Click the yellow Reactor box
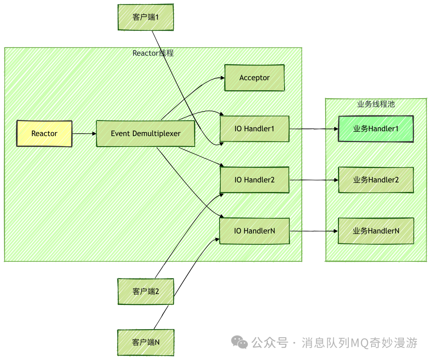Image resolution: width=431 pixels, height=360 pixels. (x=44, y=134)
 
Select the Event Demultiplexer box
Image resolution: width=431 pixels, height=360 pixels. (x=146, y=134)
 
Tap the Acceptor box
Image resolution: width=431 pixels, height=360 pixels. (x=255, y=78)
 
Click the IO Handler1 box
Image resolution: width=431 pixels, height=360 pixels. (x=255, y=129)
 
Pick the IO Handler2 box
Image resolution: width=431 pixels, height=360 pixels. (x=255, y=180)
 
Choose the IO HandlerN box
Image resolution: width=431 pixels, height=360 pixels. (x=255, y=231)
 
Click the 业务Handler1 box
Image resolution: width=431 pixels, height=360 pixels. (x=376, y=129)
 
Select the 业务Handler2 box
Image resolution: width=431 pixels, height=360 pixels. (x=376, y=180)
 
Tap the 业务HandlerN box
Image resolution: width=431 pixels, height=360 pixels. (x=376, y=231)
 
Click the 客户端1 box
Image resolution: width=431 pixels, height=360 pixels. (x=146, y=18)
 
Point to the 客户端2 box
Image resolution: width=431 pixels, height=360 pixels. (x=146, y=291)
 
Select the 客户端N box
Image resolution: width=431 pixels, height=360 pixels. (x=146, y=342)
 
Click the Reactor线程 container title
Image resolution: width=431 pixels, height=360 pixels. (x=153, y=53)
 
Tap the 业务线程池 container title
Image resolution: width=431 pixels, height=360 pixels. (x=376, y=104)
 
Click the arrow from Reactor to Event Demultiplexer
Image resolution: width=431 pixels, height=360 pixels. (x=84, y=134)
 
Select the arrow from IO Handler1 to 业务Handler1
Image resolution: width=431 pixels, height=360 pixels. (x=313, y=129)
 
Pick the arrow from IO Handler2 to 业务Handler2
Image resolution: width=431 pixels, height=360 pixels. (x=313, y=180)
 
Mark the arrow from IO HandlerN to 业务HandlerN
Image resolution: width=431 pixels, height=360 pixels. (x=313, y=231)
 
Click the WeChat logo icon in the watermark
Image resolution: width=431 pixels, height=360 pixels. (x=240, y=342)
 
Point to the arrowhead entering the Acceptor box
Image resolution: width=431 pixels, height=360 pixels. (x=222, y=78)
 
